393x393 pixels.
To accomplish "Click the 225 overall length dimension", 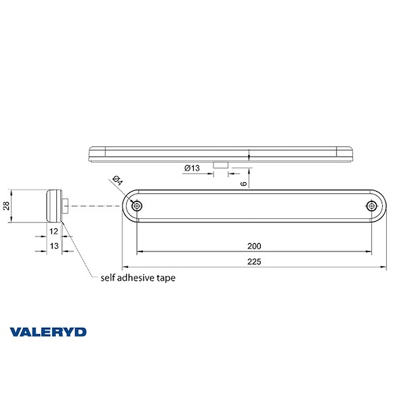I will pyautogui.click(x=254, y=261).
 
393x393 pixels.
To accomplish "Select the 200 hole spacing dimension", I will pyautogui.click(x=255, y=246).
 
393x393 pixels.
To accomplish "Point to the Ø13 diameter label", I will pyautogui.click(x=191, y=168).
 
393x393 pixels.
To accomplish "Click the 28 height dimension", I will pyautogui.click(x=7, y=205).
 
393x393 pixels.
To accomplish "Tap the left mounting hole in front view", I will pyautogui.click(x=138, y=205).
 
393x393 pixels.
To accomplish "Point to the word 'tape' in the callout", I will pyautogui.click(x=175, y=278).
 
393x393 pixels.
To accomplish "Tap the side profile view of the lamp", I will pyautogui.click(x=52, y=205).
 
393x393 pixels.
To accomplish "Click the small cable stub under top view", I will pyautogui.click(x=220, y=165).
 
